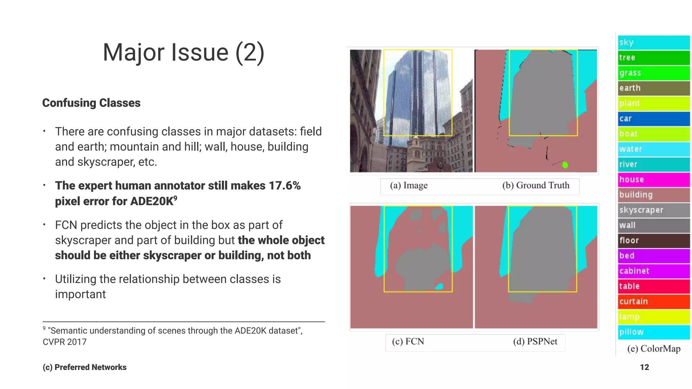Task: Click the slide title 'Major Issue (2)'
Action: tap(183, 53)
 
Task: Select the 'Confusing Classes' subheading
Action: tap(91, 103)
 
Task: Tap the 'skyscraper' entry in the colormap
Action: tap(653, 210)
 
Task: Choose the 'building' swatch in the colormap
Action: tap(653, 195)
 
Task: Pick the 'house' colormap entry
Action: tap(653, 180)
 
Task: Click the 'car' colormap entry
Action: tap(653, 119)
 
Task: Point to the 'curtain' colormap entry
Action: tap(653, 302)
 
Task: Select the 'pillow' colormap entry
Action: tap(653, 332)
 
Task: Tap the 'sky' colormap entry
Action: tap(653, 43)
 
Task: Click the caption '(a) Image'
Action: tap(409, 185)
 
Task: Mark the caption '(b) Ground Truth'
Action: tap(536, 185)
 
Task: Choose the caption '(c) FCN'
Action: tap(408, 341)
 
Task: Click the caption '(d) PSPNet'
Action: tap(535, 341)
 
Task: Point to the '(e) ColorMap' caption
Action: tap(653, 348)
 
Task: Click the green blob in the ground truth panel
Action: tap(565, 165)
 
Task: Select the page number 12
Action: tap(644, 367)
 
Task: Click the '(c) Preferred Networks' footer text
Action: tap(84, 367)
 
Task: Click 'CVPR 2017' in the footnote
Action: tap(65, 342)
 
